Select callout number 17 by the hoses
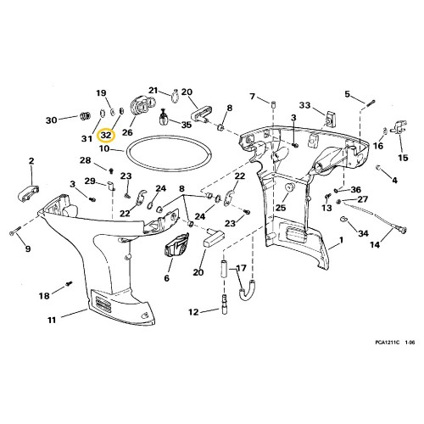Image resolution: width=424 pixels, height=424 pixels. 240,268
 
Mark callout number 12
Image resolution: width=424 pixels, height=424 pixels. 192,312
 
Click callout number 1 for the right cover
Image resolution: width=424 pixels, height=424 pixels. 340,242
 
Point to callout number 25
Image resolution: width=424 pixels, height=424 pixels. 281,206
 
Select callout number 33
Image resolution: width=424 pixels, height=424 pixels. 305,106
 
